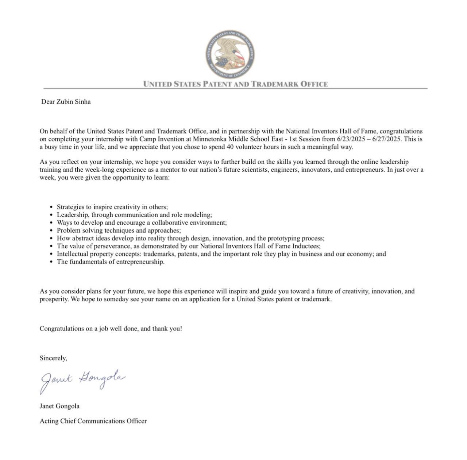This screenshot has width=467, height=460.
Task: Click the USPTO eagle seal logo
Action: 230,54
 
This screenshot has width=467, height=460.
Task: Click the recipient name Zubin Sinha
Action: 73,102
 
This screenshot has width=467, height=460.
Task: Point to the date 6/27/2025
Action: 387,139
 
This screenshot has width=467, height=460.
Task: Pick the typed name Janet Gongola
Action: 59,406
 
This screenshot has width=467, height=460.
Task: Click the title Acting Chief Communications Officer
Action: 93,421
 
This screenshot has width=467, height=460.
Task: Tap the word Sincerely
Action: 53,358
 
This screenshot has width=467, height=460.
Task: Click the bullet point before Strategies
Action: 51,207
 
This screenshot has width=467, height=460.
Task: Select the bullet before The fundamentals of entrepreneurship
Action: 51,262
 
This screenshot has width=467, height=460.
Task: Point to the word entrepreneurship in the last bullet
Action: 140,262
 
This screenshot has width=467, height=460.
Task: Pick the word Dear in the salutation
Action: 48,102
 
